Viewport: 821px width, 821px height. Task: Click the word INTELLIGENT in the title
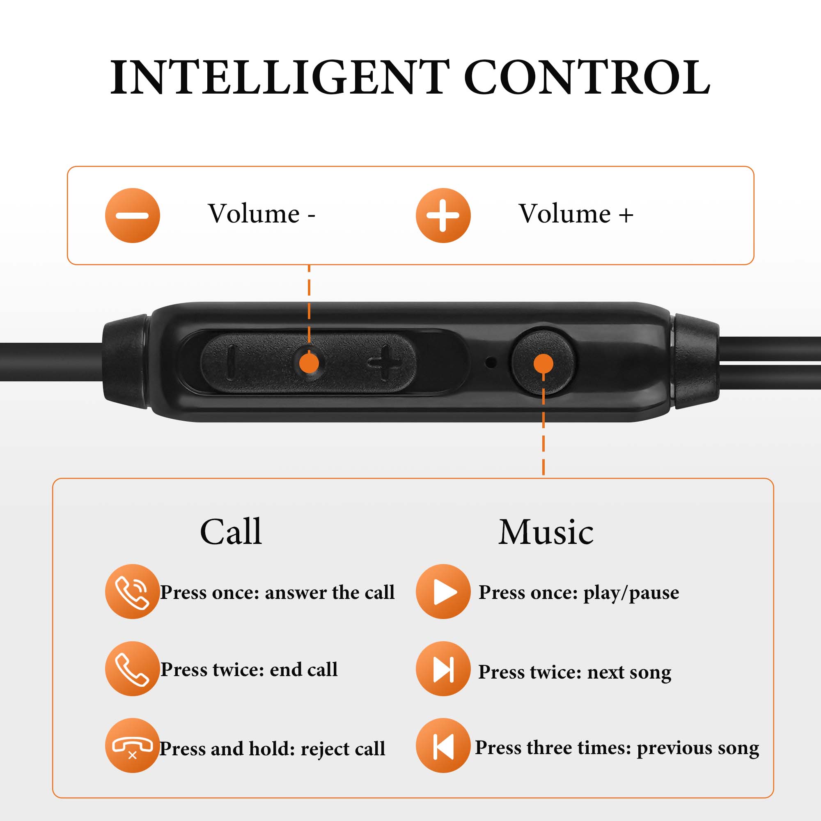click(280, 77)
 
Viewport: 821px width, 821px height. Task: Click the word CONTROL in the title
click(587, 77)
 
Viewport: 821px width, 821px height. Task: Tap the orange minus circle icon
click(133, 216)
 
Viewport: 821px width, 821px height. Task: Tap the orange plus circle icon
click(443, 216)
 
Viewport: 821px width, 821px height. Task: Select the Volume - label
click(261, 213)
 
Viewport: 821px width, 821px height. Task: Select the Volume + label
click(576, 213)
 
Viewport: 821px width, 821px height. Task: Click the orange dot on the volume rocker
click(309, 363)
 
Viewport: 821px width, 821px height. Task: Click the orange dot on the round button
click(543, 363)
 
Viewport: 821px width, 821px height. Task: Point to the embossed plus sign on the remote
click(385, 362)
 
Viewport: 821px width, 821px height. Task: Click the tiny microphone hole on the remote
click(491, 362)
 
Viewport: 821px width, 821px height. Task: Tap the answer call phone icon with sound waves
click(133, 592)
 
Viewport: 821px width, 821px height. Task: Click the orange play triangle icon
click(443, 592)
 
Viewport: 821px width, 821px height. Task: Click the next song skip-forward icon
click(443, 668)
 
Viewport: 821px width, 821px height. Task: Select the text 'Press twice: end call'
click(249, 669)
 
